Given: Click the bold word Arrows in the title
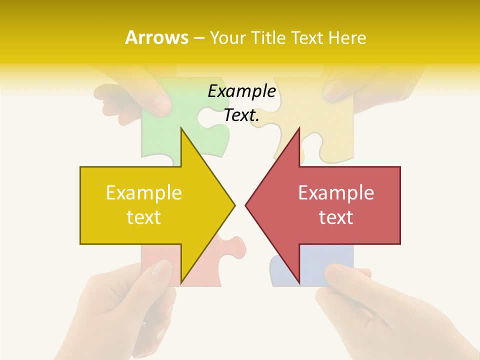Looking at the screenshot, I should [156, 37].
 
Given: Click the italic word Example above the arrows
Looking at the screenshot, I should [241, 91].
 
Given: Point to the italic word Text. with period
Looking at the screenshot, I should [241, 115].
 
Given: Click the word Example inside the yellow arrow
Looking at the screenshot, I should [144, 193].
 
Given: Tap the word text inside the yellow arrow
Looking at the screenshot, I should [144, 217].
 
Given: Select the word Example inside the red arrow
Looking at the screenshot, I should [336, 193].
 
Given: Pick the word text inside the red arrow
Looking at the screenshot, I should [336, 217].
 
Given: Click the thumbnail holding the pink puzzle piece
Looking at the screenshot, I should [161, 270].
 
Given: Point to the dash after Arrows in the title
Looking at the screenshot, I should [198, 38].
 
